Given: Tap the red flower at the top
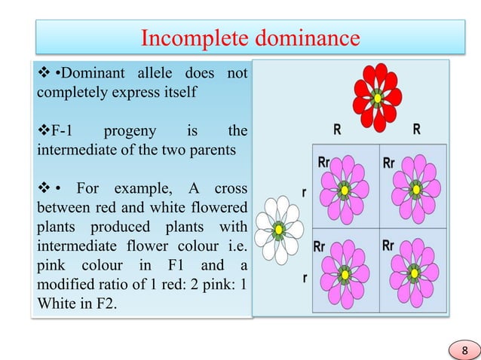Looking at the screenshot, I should pyautogui.click(x=377, y=97).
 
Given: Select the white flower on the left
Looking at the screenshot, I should pyautogui.click(x=279, y=228).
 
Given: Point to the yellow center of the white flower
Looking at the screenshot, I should pyautogui.click(x=279, y=229).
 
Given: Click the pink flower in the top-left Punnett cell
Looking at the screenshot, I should pyautogui.click(x=345, y=188).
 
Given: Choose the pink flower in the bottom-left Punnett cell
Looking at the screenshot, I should pyautogui.click(x=345, y=273).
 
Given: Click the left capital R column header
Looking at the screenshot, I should pyautogui.click(x=337, y=129).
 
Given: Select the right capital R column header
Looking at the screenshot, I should pyautogui.click(x=417, y=129).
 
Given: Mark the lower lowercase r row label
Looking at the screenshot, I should pyautogui.click(x=305, y=278).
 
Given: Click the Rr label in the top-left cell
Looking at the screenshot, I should pyautogui.click(x=323, y=161).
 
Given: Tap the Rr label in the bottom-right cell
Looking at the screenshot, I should pyautogui.click(x=388, y=245).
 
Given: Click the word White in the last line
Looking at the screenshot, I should pyautogui.click(x=54, y=306).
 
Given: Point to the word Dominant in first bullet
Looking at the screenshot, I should pyautogui.click(x=85, y=73).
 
